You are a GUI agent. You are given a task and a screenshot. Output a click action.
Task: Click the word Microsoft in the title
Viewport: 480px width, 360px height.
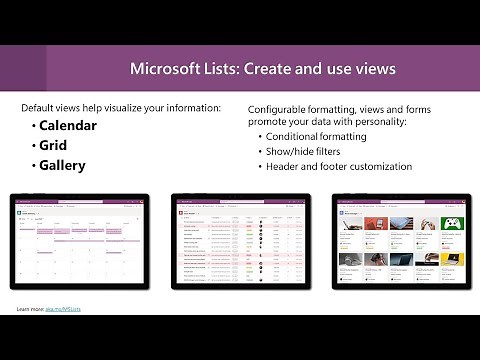pyautogui.click(x=166, y=70)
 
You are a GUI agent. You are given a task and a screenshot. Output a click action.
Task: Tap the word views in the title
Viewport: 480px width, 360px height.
pyautogui.click(x=372, y=70)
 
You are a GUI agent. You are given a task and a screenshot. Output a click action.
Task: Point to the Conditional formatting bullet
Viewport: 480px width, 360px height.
pyautogui.click(x=317, y=136)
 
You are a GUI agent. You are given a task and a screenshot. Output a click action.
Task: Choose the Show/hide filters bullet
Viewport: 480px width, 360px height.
pyautogui.click(x=304, y=151)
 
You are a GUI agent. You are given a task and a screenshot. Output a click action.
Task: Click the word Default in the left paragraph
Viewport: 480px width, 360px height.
pyautogui.click(x=41, y=107)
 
